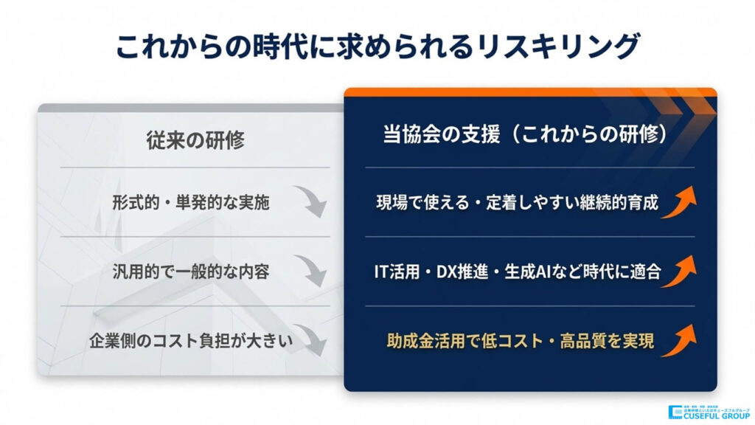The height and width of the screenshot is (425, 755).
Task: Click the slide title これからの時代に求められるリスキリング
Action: (377, 46)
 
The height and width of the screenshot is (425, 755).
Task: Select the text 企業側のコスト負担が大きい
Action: (191, 341)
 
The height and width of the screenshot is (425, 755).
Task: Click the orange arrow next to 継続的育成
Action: (678, 201)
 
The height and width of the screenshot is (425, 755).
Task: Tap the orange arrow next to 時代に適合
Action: (678, 271)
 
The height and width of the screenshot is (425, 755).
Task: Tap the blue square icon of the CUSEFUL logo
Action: (675, 412)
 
